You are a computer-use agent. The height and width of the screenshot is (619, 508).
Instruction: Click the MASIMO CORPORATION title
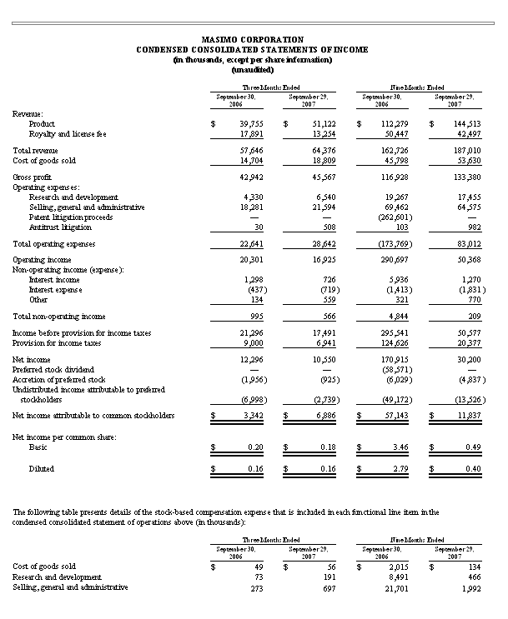tap(253, 39)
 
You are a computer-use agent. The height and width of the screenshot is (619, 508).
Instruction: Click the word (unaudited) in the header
tap(253, 69)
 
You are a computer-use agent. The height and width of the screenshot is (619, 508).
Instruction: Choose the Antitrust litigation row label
tap(60, 227)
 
